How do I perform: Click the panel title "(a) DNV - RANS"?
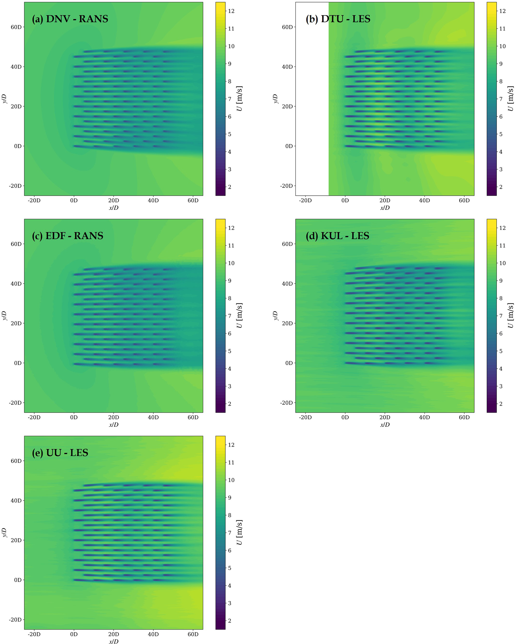click(x=70, y=19)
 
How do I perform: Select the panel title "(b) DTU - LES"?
click(x=338, y=19)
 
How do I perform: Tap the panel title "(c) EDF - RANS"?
click(x=68, y=236)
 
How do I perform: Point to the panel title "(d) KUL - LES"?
click(x=337, y=236)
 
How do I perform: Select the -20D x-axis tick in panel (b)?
click(x=305, y=201)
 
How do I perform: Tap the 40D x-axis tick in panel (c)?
click(x=153, y=417)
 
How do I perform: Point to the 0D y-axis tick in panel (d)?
click(x=289, y=363)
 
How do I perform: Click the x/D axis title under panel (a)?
click(x=114, y=208)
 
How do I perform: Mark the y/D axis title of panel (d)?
click(x=275, y=315)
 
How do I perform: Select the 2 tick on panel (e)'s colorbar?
click(x=229, y=621)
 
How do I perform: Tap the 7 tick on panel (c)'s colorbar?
click(x=229, y=316)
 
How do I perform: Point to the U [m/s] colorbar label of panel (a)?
click(x=239, y=99)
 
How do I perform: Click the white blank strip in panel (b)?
click(x=312, y=99)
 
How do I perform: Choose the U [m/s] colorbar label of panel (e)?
click(x=239, y=532)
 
